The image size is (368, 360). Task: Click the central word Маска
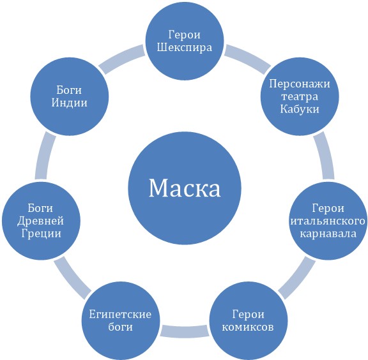[x=185, y=188]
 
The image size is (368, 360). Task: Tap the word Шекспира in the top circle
[x=185, y=48]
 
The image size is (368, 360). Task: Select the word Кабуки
[x=300, y=109]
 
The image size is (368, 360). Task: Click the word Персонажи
[x=300, y=84]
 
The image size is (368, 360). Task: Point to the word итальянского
[x=328, y=221]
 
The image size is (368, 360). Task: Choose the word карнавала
[x=328, y=234]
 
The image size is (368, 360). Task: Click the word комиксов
[x=248, y=327]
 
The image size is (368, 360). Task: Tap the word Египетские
[x=120, y=314]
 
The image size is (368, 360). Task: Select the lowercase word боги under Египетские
[x=120, y=327]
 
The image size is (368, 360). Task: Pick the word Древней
[x=41, y=221]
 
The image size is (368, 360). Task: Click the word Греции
[x=41, y=234]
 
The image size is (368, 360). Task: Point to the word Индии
[x=69, y=103]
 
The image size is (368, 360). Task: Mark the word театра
[x=300, y=96]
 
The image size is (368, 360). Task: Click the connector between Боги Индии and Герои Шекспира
[x=122, y=59]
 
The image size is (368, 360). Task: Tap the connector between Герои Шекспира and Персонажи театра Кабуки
[x=248, y=59]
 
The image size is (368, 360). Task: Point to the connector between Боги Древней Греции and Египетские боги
[x=72, y=277]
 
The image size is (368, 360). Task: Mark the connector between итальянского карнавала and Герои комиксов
[x=297, y=277]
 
